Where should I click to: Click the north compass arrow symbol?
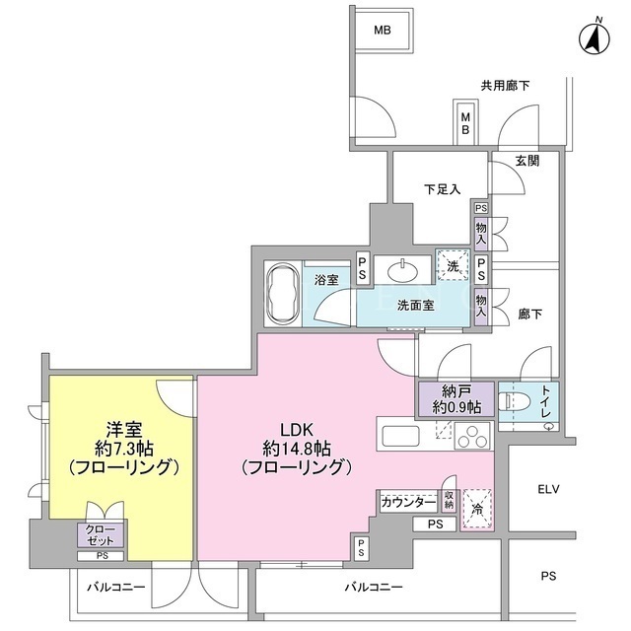595,38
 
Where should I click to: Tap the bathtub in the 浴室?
283,294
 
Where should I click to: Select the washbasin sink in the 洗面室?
402,272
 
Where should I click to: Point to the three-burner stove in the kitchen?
472,436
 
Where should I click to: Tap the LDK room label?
297,449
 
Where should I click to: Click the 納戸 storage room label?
456,398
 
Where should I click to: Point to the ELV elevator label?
549,489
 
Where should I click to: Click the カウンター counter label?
408,502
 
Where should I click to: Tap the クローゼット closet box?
101,535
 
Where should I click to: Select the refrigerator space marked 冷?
477,509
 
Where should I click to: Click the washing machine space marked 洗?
453,265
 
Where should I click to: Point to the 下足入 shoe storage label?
443,189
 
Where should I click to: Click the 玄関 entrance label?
527,161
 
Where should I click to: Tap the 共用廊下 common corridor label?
506,86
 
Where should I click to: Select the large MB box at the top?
383,31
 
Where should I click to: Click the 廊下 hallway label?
529,315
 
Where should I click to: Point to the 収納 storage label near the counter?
450,500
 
